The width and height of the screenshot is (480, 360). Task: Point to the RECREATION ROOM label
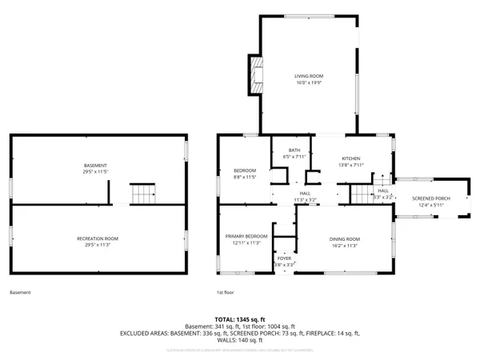pyautogui.click(x=98, y=238)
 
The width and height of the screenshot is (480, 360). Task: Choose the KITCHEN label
pyautogui.click(x=352, y=158)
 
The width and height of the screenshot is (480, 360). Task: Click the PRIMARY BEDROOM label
pyautogui.click(x=246, y=236)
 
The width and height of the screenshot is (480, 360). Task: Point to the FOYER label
pyautogui.click(x=284, y=258)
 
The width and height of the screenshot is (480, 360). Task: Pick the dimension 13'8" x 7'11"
pyautogui.click(x=352, y=165)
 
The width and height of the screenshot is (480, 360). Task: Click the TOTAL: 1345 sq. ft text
pyautogui.click(x=239, y=319)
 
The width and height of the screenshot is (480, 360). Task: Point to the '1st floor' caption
pyautogui.click(x=225, y=292)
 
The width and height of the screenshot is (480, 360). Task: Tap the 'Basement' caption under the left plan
pyautogui.click(x=20, y=292)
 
